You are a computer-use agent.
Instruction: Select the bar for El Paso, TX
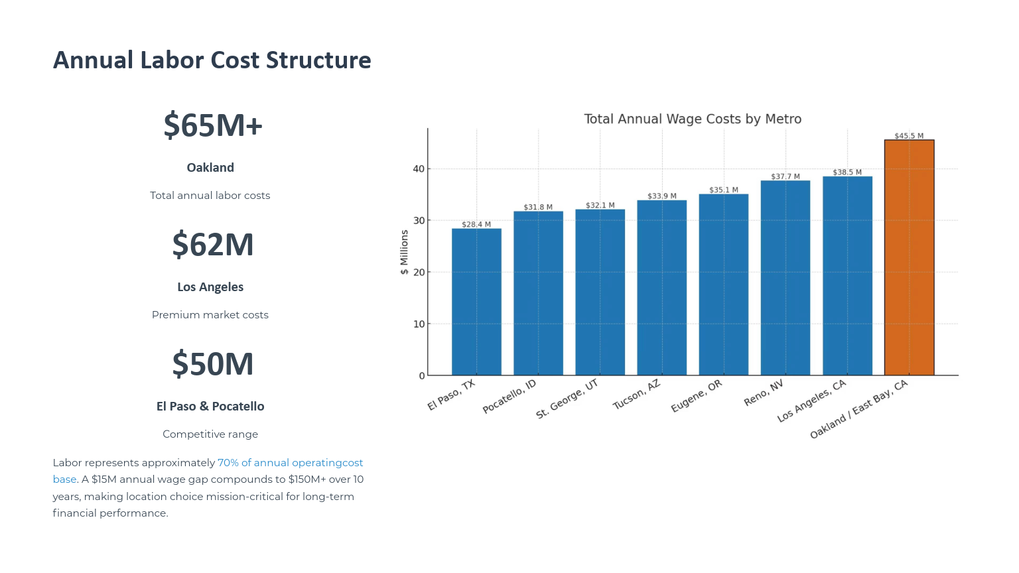coord(476,302)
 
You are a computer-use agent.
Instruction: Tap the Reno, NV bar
coord(785,278)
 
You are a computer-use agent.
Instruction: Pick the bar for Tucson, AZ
coord(661,288)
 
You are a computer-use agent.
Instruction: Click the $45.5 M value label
coord(909,136)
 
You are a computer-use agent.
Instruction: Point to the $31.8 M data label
coord(538,207)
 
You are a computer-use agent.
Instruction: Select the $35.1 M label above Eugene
coord(724,190)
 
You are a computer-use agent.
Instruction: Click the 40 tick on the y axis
coord(419,168)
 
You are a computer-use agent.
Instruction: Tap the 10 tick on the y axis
coord(419,324)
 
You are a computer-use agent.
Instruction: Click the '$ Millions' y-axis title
coord(404,252)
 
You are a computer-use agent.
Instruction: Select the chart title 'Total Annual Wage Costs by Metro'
coord(693,119)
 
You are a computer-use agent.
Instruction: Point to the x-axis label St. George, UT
coord(567,399)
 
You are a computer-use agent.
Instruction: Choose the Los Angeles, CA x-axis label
coord(811,401)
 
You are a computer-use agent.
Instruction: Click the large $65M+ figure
coord(213,125)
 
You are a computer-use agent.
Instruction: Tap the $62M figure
coord(213,245)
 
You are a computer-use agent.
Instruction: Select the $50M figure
coord(213,364)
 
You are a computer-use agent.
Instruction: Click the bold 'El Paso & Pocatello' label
coord(210,407)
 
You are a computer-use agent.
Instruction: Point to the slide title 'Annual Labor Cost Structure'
coord(212,60)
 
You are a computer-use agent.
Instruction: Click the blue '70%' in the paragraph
coord(228,463)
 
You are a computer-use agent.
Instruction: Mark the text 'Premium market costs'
coord(210,315)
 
